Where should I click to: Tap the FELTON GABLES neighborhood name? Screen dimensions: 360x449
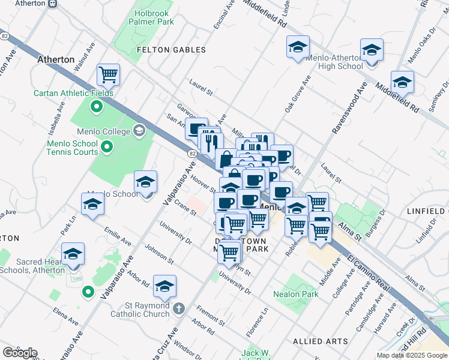click(x=171, y=50)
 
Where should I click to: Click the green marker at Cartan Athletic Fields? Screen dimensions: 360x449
click(x=95, y=107)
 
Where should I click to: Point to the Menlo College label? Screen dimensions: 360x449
click(x=103, y=130)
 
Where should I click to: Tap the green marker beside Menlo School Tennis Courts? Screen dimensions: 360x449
click(x=107, y=146)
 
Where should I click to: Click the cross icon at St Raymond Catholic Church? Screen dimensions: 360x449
click(x=178, y=309)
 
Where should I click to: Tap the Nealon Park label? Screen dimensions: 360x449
click(x=295, y=295)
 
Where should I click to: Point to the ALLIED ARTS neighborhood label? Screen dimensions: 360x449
click(x=320, y=341)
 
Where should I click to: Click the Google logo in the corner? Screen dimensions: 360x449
click(x=20, y=352)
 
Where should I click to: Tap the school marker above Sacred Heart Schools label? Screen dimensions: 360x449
click(x=73, y=254)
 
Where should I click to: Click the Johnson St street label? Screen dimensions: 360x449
click(x=158, y=255)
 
